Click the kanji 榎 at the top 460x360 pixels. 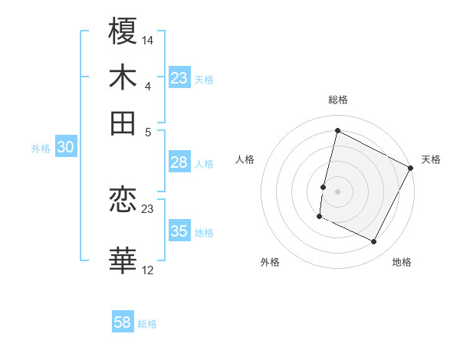pos(123,32)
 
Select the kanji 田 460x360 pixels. pos(123,123)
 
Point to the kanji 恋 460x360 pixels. pos(123,201)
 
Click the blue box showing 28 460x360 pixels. pos(179,162)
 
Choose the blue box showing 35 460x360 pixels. pos(179,231)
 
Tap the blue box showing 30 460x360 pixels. pos(65,148)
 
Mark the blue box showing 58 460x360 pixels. pos(122,322)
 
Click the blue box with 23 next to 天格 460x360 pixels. pos(179,78)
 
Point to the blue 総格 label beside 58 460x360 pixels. pos(147,324)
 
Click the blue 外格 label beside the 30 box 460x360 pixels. pos(40,149)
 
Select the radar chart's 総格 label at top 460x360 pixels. pos(337,100)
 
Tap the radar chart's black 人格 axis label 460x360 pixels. pos(245,159)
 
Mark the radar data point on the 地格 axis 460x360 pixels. pos(374,242)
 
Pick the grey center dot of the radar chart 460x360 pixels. pos(337,190)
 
